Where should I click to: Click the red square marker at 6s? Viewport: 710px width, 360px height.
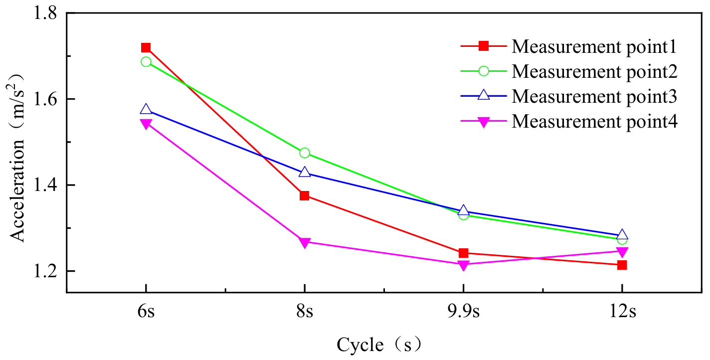[x=146, y=48]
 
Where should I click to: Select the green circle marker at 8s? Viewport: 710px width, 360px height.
[x=305, y=153]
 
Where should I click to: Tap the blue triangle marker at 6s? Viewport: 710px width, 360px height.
[x=146, y=110]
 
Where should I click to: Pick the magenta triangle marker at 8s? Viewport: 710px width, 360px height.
[x=305, y=242]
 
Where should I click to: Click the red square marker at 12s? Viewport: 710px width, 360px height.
[x=622, y=265]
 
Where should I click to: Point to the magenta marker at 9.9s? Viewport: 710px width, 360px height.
[x=463, y=265]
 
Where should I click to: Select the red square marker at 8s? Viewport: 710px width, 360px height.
[x=305, y=195]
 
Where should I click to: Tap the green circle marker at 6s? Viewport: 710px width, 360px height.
[x=146, y=62]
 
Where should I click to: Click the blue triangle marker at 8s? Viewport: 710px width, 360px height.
[x=305, y=172]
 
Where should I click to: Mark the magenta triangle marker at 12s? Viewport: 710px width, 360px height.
[x=622, y=251]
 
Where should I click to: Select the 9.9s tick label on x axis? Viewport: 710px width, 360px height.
[x=463, y=313]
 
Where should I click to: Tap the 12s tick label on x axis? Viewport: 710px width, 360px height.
[x=622, y=313]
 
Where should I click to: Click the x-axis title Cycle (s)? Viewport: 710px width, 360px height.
[x=379, y=344]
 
